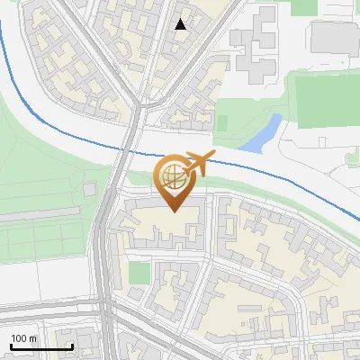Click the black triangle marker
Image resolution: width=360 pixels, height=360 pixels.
[x=181, y=24]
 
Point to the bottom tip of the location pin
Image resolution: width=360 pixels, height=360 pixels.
[x=173, y=211]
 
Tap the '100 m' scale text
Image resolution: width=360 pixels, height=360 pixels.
[x=24, y=338]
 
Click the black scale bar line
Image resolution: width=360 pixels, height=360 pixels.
[x=41, y=346]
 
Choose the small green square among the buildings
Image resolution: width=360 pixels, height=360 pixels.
[x=138, y=272]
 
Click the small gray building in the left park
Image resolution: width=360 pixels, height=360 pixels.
[x=89, y=191]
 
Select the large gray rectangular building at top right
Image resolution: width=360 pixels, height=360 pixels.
[x=334, y=35]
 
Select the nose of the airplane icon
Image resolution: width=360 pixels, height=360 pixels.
[x=214, y=157]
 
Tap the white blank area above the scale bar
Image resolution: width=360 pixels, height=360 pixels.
[x=40, y=306]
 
